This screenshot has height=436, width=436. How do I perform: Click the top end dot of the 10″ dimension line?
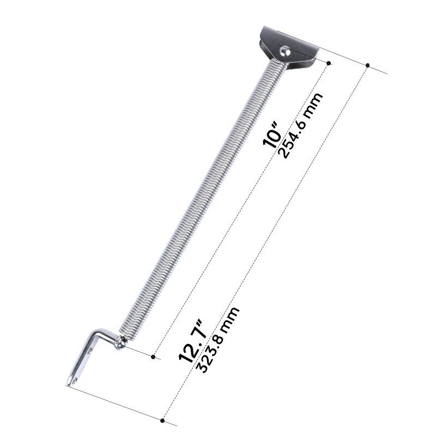point(328,64)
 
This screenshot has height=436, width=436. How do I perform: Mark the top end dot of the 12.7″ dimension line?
point(368,65)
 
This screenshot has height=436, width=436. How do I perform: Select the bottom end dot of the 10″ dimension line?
point(154,358)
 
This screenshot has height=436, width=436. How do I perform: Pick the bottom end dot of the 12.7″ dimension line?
point(163,420)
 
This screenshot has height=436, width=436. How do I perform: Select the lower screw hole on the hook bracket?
point(76,374)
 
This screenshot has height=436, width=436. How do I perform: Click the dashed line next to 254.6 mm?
point(240,213)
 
